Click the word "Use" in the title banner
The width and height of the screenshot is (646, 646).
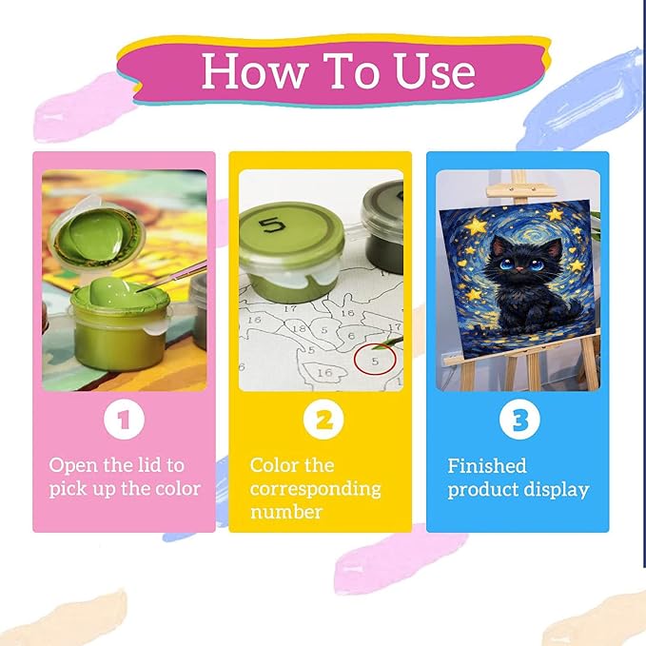tap(435, 70)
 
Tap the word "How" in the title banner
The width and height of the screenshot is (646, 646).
tap(255, 70)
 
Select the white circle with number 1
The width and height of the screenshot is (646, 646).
tap(124, 420)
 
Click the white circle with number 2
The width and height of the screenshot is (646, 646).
tap(323, 420)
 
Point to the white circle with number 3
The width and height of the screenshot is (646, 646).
tap(519, 420)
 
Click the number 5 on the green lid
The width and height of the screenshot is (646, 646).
tap(272, 225)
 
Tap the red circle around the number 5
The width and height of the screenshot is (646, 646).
tap(375, 359)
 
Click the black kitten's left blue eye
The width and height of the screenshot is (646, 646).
tap(505, 264)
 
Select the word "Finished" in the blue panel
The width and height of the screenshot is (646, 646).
tap(487, 466)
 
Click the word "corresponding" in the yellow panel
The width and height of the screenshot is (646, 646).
tap(315, 489)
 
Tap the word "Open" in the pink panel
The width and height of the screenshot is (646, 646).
tap(73, 466)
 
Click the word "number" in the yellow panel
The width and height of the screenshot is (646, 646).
tap(286, 512)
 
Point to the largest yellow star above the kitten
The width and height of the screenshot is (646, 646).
tap(477, 225)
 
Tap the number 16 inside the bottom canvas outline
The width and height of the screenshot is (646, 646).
tap(324, 373)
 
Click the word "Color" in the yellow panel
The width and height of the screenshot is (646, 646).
tap(274, 465)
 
